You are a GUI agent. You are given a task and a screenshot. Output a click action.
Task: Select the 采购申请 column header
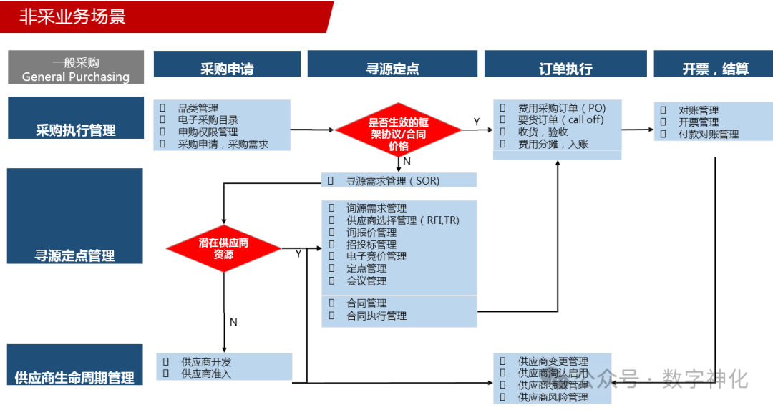(x=227, y=69)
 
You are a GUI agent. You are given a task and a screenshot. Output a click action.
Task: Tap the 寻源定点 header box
(x=392, y=69)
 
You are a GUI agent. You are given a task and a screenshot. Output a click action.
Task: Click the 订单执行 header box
(x=565, y=69)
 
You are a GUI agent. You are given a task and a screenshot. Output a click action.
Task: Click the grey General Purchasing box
(x=76, y=69)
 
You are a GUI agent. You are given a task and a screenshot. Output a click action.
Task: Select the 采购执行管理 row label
(x=76, y=130)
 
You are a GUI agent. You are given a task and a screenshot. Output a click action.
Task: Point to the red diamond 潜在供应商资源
(x=224, y=248)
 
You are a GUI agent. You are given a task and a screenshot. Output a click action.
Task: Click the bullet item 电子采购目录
(x=208, y=120)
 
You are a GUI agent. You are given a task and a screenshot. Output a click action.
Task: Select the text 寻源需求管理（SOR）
(x=393, y=181)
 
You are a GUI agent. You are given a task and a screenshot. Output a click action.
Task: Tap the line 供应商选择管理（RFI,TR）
(x=403, y=220)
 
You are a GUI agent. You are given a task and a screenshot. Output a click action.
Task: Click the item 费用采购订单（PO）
(x=561, y=108)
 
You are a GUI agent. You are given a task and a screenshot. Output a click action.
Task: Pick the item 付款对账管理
(x=709, y=135)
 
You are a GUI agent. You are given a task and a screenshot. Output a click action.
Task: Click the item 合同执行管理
(x=376, y=316)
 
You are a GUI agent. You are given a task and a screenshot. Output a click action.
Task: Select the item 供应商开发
(x=206, y=361)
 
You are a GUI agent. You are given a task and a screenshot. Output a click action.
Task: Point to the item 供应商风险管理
(x=553, y=397)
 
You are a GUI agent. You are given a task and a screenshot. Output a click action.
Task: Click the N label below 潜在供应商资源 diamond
(x=233, y=322)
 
